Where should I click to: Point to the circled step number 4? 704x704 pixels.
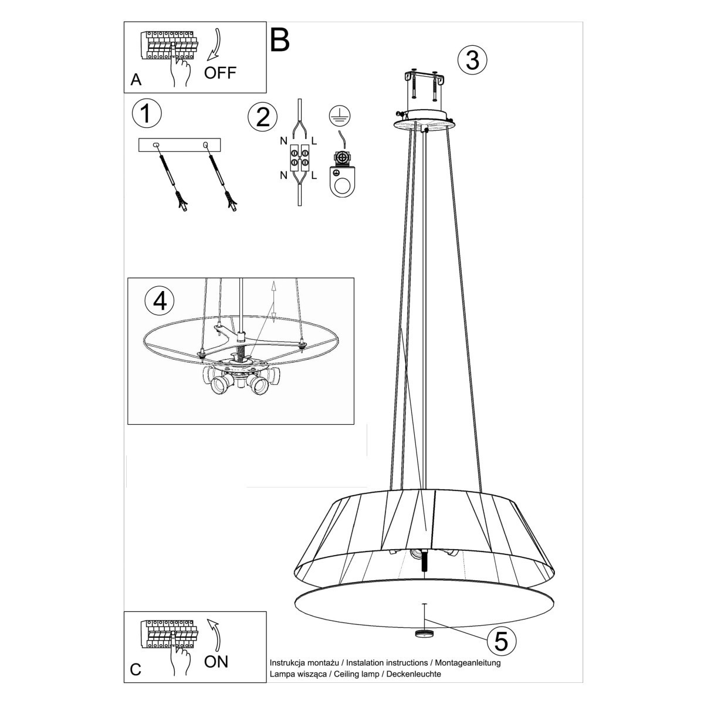pyautogui.click(x=160, y=300)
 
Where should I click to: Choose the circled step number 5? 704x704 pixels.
pyautogui.click(x=501, y=641)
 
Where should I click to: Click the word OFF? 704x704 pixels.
pyautogui.click(x=220, y=73)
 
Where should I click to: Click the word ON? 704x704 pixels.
pyautogui.click(x=216, y=662)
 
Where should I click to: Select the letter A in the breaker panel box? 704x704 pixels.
pyautogui.click(x=136, y=80)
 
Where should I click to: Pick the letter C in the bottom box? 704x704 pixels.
pyautogui.click(x=136, y=669)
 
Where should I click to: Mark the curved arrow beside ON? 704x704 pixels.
pyautogui.click(x=214, y=635)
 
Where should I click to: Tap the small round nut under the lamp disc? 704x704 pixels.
pyautogui.click(x=423, y=634)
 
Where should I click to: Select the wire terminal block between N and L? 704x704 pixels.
pyautogui.click(x=299, y=158)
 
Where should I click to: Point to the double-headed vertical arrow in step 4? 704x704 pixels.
pyautogui.click(x=273, y=302)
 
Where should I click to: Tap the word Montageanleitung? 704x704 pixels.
pyautogui.click(x=467, y=663)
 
